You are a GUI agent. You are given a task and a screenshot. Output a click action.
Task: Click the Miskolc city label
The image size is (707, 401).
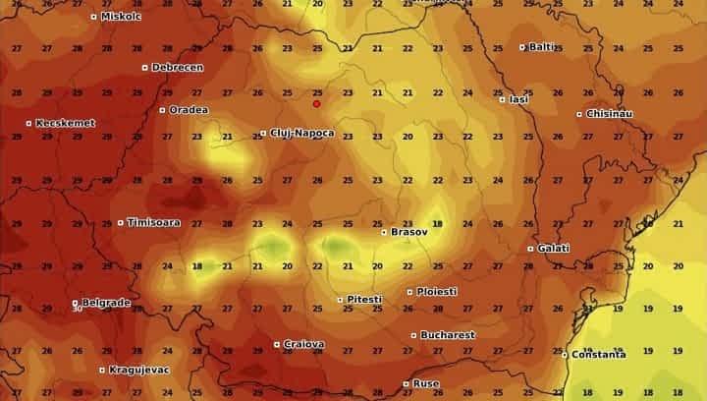tap(120, 17)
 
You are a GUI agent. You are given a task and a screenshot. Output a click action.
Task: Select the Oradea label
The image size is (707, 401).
tap(189, 110)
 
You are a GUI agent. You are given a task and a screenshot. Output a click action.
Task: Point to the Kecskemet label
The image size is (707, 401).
tap(65, 123)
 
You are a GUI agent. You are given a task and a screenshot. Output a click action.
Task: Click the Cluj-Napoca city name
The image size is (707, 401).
tap(301, 133)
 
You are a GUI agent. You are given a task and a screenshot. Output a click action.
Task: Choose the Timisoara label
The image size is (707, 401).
tap(153, 223)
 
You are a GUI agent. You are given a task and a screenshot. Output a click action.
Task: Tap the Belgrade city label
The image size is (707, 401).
tap(105, 303)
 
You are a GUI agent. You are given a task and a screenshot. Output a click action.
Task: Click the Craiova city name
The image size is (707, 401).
tap(303, 345)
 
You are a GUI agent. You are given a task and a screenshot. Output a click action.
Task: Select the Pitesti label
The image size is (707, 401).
tap(362, 299)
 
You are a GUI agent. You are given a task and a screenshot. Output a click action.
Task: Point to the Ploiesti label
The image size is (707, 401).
tap(436, 292)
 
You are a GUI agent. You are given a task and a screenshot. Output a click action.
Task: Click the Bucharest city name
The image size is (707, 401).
tap(447, 335)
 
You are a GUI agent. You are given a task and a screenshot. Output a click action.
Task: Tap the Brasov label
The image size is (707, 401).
tap(408, 233)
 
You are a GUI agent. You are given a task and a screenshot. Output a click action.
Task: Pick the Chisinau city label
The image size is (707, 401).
tap(609, 114)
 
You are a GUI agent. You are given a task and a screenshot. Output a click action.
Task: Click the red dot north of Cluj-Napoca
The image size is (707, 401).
tap(316, 103)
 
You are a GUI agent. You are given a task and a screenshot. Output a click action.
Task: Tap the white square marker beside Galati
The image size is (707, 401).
tap(531, 249)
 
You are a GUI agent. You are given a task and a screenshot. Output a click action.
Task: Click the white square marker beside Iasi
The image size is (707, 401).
tap(503, 99)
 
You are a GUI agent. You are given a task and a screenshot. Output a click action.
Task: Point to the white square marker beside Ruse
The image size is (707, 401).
tap(407, 383)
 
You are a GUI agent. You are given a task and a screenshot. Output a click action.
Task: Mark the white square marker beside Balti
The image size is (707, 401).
tap(523, 46)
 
